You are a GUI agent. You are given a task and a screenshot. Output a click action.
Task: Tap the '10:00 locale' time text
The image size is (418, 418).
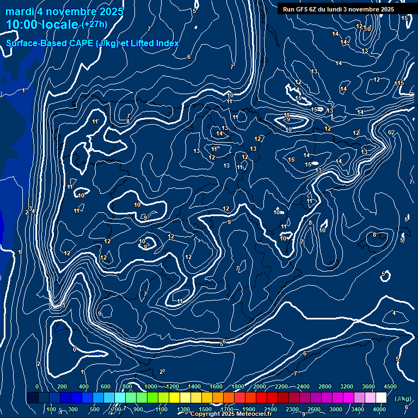(x=42, y=24)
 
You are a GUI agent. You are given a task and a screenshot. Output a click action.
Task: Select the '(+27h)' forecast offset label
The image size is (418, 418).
(x=94, y=24)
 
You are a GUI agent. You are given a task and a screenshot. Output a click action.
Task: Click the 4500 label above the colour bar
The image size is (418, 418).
(x=390, y=386)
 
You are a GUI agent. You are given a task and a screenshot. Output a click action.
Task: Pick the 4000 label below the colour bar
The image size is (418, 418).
(x=379, y=409)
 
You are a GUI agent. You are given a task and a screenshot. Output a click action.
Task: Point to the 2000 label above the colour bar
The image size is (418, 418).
(x=260, y=386)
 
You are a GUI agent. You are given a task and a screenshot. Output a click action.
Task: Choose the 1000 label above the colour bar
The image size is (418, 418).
(x=151, y=386)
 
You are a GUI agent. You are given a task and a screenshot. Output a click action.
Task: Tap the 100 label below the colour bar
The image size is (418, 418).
(x=52, y=409)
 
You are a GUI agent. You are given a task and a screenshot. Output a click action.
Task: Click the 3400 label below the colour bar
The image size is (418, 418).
(x=358, y=409)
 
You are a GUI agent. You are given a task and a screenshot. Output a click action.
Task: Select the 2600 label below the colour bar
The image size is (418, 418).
(x=314, y=409)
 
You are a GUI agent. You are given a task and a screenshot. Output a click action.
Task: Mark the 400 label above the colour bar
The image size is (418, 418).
(x=84, y=386)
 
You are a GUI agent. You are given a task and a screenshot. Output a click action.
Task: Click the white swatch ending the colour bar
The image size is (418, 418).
(x=381, y=398)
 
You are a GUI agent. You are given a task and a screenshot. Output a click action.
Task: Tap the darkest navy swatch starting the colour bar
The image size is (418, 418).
(x=33, y=398)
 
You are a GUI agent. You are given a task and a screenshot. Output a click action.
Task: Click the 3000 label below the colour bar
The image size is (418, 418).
(x=336, y=409)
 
